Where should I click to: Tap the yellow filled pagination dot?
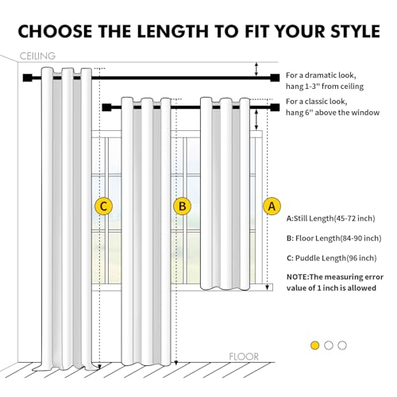point(315,345)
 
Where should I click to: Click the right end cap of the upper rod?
point(275,78)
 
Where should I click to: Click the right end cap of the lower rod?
point(275,104)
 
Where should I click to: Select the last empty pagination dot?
point(342,345)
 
